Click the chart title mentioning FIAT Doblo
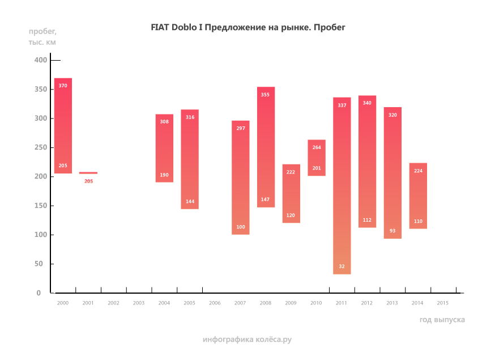point(247,27)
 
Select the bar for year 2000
point(63,126)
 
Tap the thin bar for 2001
point(88,173)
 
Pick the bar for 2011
point(342,186)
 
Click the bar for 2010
point(317,158)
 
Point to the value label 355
point(265,95)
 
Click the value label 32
point(342,266)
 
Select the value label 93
point(392,231)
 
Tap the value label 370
point(63,86)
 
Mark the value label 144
point(190,202)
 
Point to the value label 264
point(317,147)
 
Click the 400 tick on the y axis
point(41,60)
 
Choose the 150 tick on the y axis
point(41,206)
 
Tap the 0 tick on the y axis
point(39,293)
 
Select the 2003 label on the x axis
point(139,303)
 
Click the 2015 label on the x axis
point(443,303)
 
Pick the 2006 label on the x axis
point(215,303)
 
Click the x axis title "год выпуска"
point(442,320)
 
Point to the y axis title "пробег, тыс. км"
point(42,36)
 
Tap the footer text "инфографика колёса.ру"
point(247,340)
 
